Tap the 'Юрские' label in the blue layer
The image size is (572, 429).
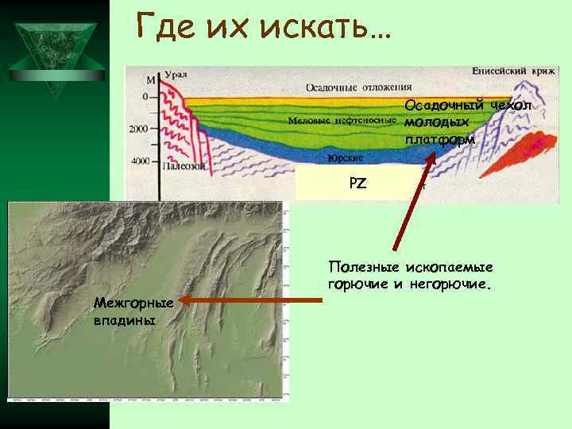(346, 157)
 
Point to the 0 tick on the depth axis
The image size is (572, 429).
(145, 96)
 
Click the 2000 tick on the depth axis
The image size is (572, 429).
(139, 129)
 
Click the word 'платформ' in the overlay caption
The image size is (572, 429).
(439, 139)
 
